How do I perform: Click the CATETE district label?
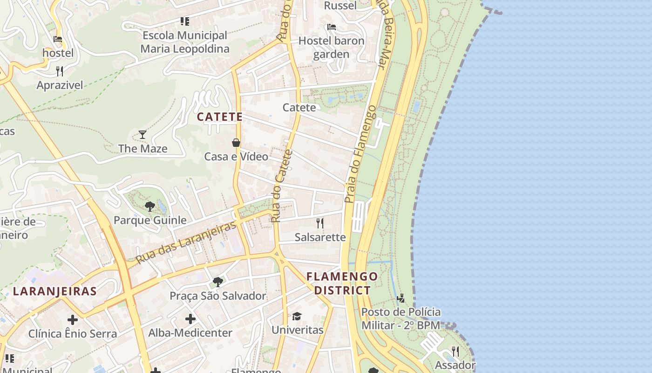tap(220, 117)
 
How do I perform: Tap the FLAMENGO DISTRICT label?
tap(342, 283)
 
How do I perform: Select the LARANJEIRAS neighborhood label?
tap(54, 292)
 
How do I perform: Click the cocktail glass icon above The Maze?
tap(143, 135)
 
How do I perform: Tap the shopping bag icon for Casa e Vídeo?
tap(236, 143)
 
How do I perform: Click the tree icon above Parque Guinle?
tap(149, 206)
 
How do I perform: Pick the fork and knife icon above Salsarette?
tap(320, 223)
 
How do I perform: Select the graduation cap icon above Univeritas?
tap(297, 316)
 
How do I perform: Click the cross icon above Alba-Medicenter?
tap(190, 319)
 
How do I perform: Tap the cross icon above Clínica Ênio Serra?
tap(73, 320)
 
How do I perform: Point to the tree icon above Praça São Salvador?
tap(217, 282)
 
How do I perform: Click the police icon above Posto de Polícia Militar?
tap(401, 298)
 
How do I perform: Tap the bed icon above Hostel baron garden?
tap(331, 27)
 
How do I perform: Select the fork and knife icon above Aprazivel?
tap(60, 71)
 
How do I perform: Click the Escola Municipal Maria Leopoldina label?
tap(185, 42)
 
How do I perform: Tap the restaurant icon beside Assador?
tap(455, 352)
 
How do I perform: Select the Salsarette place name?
tap(320, 237)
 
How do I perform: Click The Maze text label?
tap(143, 149)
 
